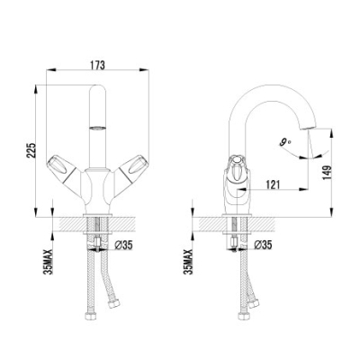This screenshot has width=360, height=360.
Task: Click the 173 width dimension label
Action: point(97,66)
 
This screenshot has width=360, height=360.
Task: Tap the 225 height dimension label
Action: point(31,149)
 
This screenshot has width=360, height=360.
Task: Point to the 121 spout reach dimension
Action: point(273,184)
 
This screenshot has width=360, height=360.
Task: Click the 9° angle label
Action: point(285,142)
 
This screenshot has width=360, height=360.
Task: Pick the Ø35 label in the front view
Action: point(123,246)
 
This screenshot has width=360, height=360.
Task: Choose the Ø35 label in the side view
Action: point(263,245)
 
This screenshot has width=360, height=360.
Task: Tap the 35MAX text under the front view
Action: point(48,262)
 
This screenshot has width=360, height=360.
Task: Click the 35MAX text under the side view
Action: point(189,262)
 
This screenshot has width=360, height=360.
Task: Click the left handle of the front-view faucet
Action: point(64,169)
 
